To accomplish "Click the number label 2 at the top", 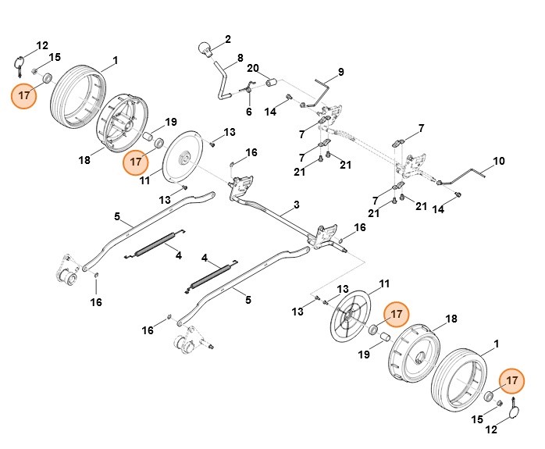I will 228,38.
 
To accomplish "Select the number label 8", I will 240,58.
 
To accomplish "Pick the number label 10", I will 248,112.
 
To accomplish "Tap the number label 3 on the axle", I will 296,205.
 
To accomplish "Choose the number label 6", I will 248,112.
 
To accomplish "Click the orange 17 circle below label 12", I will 24,97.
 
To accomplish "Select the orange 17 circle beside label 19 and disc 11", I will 137,162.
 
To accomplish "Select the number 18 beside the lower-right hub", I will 451,319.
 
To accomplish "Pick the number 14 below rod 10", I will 438,210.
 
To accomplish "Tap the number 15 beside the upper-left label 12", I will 55,58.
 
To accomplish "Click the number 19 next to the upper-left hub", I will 170,122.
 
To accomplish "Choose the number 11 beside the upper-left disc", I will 144,180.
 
